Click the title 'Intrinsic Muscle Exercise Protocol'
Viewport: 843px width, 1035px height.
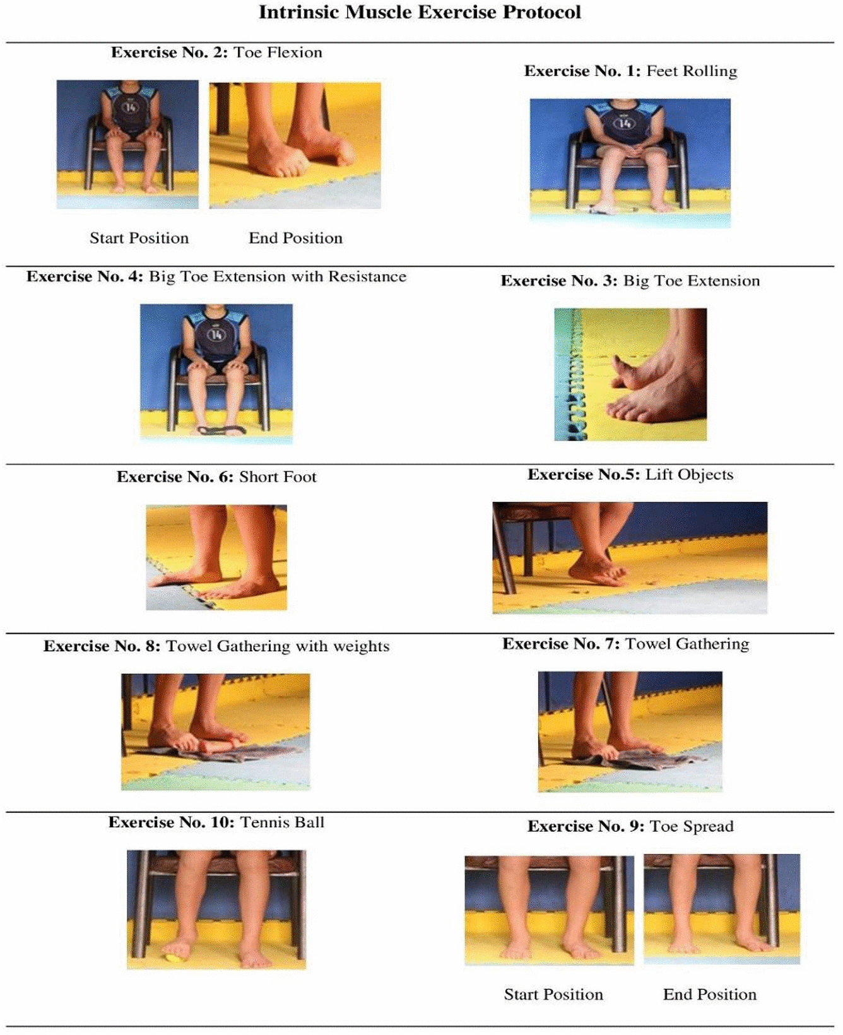420,12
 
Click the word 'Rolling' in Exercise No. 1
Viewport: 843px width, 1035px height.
714,71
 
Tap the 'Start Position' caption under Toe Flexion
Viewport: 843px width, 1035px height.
139,238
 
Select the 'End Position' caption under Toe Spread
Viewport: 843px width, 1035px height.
710,994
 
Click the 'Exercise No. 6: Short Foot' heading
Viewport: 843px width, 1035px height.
216,476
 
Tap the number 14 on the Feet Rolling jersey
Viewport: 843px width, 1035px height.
625,123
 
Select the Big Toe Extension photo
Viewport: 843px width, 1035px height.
630,374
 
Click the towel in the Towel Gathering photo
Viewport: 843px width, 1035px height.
631,759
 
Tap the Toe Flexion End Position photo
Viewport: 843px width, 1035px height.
295,145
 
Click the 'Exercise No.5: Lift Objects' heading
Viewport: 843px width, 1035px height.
630,475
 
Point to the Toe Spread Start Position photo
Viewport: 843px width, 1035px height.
550,910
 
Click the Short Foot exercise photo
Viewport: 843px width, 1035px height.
216,557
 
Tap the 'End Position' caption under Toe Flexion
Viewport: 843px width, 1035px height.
295,238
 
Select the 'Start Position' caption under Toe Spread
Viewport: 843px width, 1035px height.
553,994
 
